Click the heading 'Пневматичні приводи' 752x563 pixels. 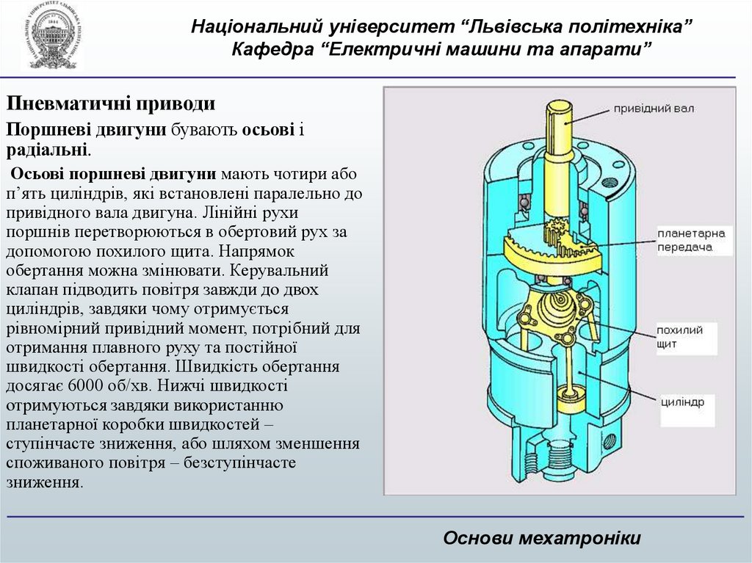tap(110, 104)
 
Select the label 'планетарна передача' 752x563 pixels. tap(690, 241)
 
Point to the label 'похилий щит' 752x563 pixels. tap(679, 336)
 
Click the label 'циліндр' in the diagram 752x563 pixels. tap(681, 402)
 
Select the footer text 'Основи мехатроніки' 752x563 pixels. tap(542, 539)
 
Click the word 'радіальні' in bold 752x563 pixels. tap(47, 150)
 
